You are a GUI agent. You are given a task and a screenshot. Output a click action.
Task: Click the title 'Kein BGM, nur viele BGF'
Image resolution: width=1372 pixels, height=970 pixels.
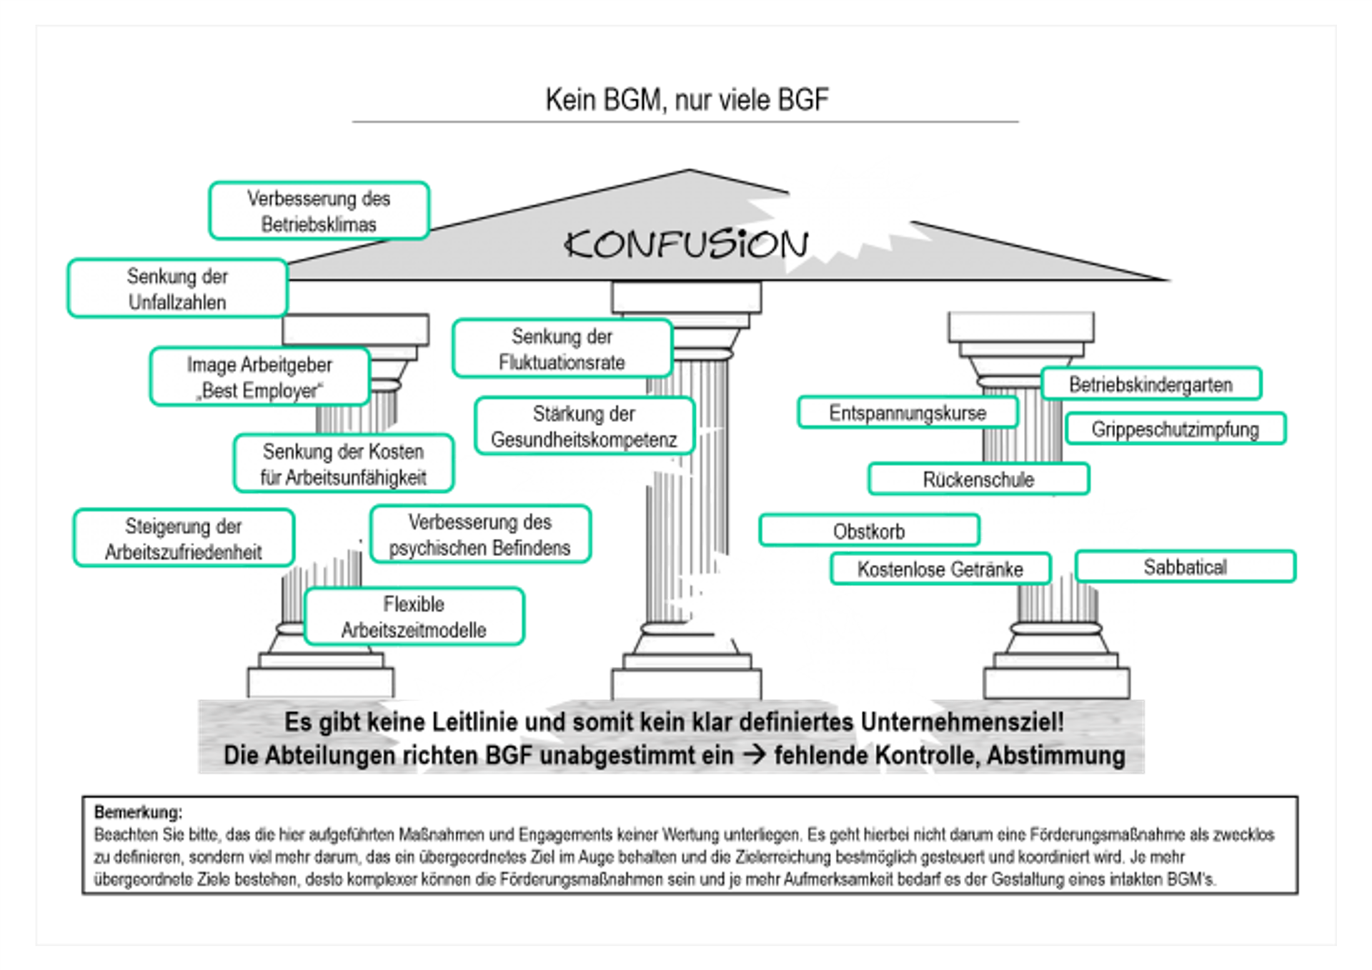(x=687, y=100)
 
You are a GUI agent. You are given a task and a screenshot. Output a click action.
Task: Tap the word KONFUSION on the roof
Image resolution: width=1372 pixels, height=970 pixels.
(x=686, y=244)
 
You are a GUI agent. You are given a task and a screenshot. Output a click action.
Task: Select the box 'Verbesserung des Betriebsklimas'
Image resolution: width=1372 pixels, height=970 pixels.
(x=319, y=211)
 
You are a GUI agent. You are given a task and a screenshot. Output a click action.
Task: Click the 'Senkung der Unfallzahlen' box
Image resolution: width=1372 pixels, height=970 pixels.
(x=177, y=289)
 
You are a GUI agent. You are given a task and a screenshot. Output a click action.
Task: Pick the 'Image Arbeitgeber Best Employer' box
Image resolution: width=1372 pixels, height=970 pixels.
(x=259, y=377)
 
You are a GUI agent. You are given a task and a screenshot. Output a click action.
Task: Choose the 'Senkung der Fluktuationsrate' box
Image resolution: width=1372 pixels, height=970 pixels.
(x=562, y=349)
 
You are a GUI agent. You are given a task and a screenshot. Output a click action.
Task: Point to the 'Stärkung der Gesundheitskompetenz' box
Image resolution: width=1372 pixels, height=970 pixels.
(x=584, y=426)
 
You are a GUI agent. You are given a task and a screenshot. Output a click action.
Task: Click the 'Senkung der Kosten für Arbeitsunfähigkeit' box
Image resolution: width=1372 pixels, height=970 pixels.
(x=343, y=464)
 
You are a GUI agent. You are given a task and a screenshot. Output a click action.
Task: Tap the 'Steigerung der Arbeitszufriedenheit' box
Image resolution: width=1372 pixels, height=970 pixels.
(x=184, y=538)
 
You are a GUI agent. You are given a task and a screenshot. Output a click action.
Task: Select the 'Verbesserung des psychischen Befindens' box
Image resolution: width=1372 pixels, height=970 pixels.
(x=479, y=535)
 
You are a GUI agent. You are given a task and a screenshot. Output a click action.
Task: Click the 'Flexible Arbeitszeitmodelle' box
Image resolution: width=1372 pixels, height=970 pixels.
(x=414, y=617)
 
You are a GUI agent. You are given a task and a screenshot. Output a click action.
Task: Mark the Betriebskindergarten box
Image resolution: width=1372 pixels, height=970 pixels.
(x=1150, y=385)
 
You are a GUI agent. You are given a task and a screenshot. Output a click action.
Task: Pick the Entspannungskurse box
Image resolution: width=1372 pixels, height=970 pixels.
(x=908, y=413)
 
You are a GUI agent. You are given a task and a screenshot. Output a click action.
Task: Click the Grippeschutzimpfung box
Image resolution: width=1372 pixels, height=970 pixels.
(x=1175, y=429)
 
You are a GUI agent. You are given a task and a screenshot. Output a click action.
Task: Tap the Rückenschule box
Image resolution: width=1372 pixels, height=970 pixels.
(x=978, y=479)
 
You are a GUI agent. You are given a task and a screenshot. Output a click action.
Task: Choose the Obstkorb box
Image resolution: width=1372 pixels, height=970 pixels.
(x=869, y=531)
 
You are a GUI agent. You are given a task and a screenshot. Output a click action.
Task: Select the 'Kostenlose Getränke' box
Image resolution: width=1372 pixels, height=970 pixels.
(x=940, y=569)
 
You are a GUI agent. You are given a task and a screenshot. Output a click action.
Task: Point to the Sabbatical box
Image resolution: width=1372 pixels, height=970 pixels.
(x=1185, y=567)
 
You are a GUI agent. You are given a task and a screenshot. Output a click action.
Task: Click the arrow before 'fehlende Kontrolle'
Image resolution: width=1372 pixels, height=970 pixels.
(x=754, y=755)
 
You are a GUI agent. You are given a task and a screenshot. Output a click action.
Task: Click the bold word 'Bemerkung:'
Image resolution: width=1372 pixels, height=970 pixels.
(x=138, y=812)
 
